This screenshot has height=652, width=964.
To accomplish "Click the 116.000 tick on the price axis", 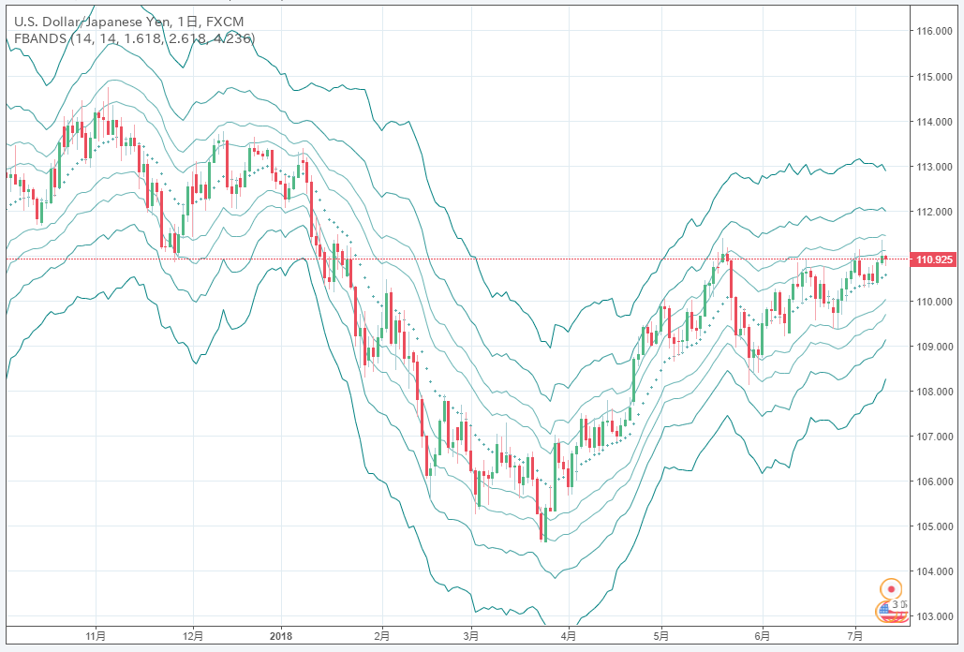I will coord(935,31).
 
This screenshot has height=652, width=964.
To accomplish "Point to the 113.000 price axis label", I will coord(935,167).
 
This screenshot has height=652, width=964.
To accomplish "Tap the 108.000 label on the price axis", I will coord(935,392).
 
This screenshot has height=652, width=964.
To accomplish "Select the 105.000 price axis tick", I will coord(935,526).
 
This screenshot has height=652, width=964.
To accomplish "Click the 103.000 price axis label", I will coord(935,616).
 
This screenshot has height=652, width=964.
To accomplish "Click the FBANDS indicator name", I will coord(38,38).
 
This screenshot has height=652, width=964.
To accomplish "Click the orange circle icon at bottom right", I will coord(892,589).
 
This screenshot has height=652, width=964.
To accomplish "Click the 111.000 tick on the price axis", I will coord(935,257).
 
